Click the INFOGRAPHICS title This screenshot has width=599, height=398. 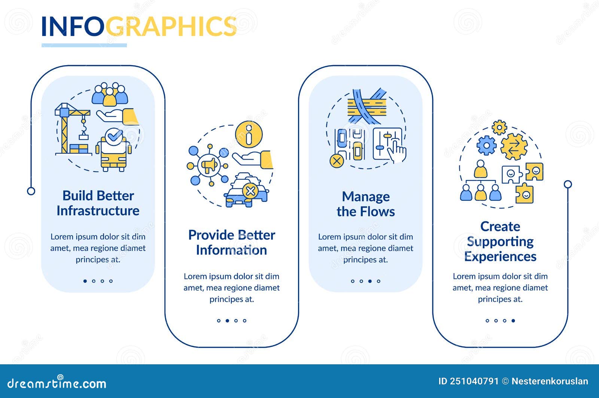coord(139,26)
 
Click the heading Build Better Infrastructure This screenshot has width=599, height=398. coord(98,203)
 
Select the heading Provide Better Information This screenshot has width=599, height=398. coord(232,243)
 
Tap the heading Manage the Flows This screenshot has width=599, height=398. coord(365,204)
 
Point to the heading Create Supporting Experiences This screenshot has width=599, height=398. coord(500,241)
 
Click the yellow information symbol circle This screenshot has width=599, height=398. coord(249,134)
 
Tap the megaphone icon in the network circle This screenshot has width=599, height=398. coord(209,165)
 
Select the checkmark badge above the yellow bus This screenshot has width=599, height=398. coord(114,137)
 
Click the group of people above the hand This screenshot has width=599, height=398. coord(110,94)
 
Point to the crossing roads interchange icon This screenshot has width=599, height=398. coord(367,106)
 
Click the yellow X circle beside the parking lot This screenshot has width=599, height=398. coord(337,161)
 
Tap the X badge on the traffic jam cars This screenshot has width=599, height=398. coord(250,191)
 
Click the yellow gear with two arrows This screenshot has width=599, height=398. coord(514,147)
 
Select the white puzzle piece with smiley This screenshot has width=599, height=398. coord(511,174)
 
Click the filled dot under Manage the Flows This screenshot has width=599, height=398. coord(370,281)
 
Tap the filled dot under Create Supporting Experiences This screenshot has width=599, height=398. coord(513,320)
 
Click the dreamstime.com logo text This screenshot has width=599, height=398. coord(57,383)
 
